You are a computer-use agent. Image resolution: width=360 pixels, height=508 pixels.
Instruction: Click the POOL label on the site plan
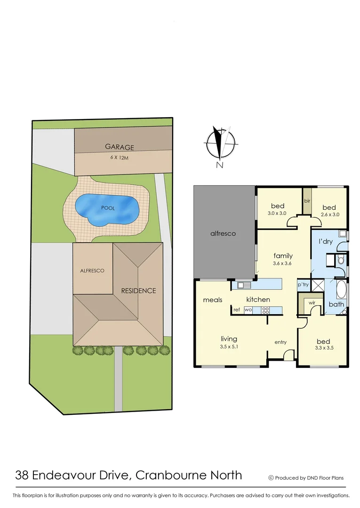coord(108,208)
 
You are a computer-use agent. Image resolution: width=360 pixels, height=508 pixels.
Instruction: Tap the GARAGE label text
coord(120,147)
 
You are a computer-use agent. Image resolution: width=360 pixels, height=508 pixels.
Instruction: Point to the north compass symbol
coord(219,143)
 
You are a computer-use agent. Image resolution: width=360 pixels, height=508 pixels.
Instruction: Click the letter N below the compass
coord(219,165)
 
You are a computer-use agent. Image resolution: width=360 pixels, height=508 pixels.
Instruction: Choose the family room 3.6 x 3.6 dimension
coord(283,263)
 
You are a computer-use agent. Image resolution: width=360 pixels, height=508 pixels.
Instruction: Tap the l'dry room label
coord(326,242)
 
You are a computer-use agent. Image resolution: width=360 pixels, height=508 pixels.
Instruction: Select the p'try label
coord(303,285)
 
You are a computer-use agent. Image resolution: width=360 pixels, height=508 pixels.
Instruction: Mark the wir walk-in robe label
coord(312,303)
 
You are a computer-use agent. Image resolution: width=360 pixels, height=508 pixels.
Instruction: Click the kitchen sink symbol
coord(245,285)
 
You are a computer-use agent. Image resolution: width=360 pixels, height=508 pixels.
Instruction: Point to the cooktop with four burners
coord(265,310)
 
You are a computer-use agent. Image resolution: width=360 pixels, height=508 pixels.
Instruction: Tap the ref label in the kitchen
coord(237,310)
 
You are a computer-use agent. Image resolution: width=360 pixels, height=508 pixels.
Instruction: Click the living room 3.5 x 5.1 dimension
coord(229,347)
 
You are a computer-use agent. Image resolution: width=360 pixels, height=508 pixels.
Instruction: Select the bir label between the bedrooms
coord(307,201)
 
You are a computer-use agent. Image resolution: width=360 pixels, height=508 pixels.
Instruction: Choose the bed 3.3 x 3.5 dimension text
coord(323,349)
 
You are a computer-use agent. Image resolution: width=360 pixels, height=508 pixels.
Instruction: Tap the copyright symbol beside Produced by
coord(271,478)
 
